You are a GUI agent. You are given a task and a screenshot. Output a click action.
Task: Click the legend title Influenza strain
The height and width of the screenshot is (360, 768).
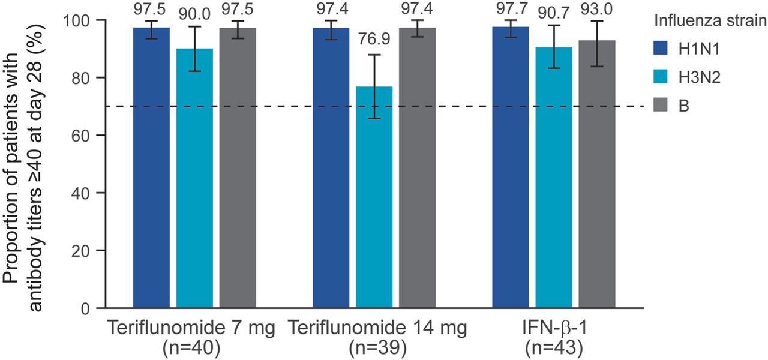tap(709, 22)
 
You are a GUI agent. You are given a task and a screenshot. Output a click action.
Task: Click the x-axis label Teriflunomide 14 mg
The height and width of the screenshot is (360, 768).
tap(376, 329)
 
